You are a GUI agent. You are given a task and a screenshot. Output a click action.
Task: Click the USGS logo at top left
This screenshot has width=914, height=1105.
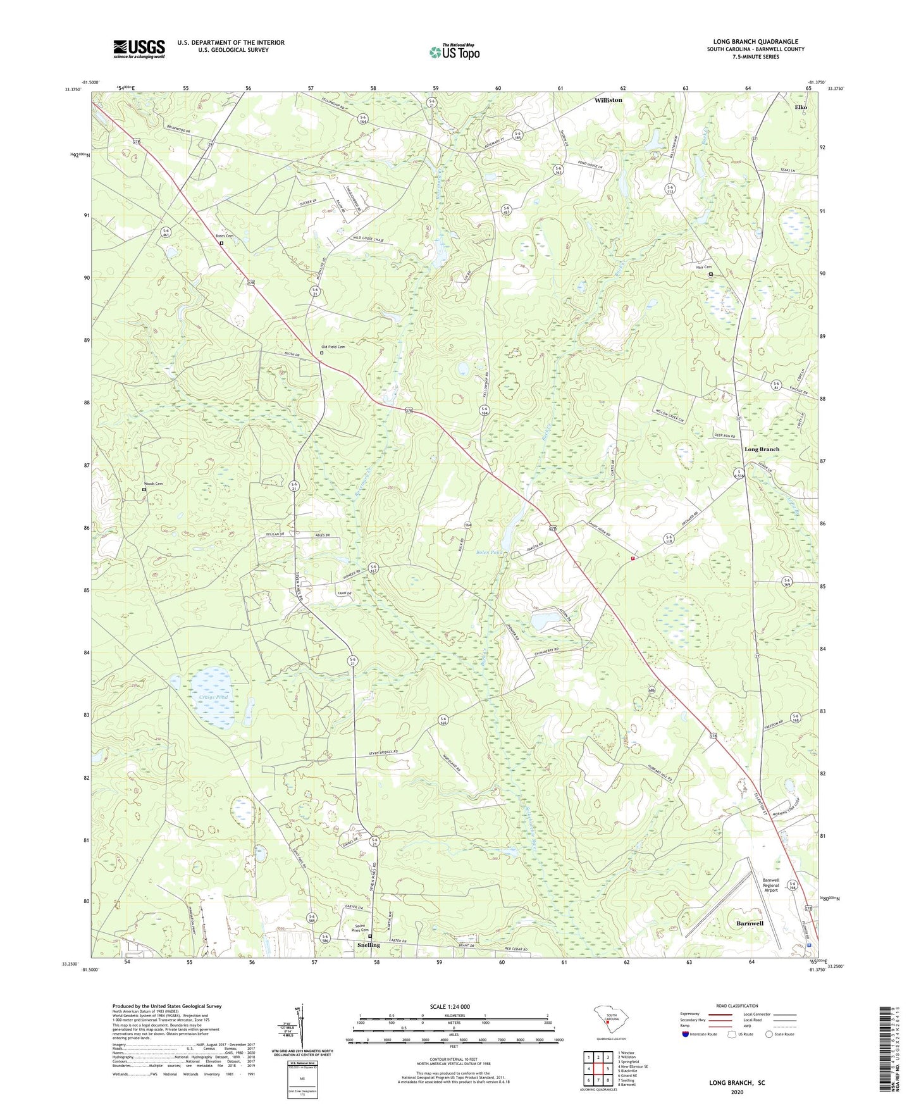pos(139,49)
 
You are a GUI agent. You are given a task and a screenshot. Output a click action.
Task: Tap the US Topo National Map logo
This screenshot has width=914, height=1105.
pos(454,51)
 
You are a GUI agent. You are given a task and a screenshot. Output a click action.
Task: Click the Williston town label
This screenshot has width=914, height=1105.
pos(608,100)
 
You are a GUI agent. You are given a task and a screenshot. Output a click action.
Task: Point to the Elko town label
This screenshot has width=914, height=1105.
pos(801,108)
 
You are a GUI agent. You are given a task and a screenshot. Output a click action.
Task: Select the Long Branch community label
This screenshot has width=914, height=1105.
pos(762,449)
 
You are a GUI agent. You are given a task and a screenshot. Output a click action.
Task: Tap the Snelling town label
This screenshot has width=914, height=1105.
pos(368,945)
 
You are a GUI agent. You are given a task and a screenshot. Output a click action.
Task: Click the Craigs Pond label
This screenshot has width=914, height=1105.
pos(213,697)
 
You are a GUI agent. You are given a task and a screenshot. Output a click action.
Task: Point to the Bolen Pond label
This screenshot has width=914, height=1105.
pos(488,552)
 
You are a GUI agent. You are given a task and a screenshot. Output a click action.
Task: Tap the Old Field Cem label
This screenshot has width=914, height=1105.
pos(333,347)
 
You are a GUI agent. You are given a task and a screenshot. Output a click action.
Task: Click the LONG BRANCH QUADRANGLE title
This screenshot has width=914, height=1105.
pos(755,42)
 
